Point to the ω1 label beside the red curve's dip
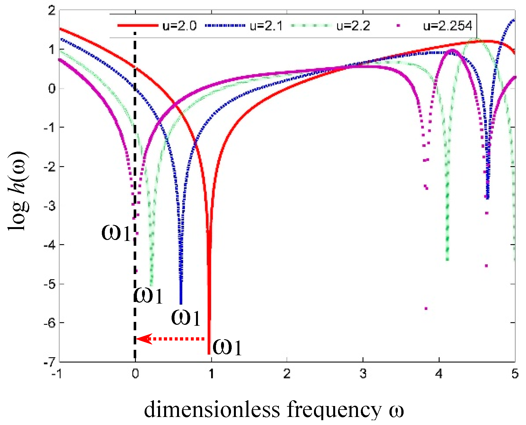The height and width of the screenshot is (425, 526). [227, 347]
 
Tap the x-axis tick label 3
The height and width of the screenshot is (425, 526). [363, 374]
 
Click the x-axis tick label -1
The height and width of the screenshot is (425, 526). [57, 374]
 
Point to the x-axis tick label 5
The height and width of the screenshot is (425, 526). [515, 374]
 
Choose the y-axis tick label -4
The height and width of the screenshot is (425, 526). [49, 245]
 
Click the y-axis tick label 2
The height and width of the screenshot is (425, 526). [51, 11]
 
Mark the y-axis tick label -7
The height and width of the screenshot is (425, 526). [49, 362]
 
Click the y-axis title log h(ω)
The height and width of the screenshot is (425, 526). [19, 191]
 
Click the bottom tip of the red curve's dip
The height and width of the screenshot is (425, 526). [209, 353]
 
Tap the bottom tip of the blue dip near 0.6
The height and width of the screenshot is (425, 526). [181, 303]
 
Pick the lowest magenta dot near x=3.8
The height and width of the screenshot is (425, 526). [426, 308]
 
